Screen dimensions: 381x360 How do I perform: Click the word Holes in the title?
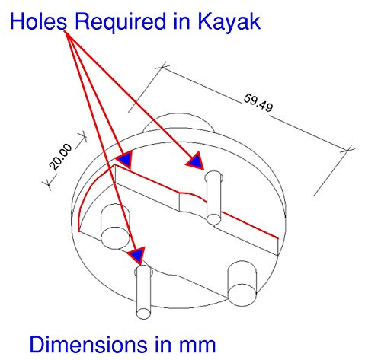(38, 21)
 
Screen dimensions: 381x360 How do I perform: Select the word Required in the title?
(120, 22)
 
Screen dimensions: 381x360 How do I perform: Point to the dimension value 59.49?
(258, 103)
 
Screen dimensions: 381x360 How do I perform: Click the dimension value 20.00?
(60, 157)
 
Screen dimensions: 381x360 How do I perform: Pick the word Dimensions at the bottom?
(88, 344)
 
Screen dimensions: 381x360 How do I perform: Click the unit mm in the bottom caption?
(197, 346)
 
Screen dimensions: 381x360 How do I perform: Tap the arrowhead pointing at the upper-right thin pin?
(196, 161)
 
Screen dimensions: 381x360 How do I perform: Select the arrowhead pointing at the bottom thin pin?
(137, 256)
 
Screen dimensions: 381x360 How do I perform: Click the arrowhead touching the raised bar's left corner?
(125, 160)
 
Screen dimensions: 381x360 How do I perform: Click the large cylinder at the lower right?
(242, 283)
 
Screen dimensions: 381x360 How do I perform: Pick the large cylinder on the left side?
(116, 226)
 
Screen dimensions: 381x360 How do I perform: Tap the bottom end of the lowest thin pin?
(144, 314)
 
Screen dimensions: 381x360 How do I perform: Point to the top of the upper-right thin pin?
(214, 175)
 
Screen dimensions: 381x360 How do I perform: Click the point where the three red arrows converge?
(65, 32)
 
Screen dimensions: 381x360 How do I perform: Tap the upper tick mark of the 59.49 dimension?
(162, 66)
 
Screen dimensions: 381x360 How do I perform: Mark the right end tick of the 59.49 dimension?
(347, 150)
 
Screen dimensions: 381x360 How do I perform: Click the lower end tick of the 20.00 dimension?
(48, 183)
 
